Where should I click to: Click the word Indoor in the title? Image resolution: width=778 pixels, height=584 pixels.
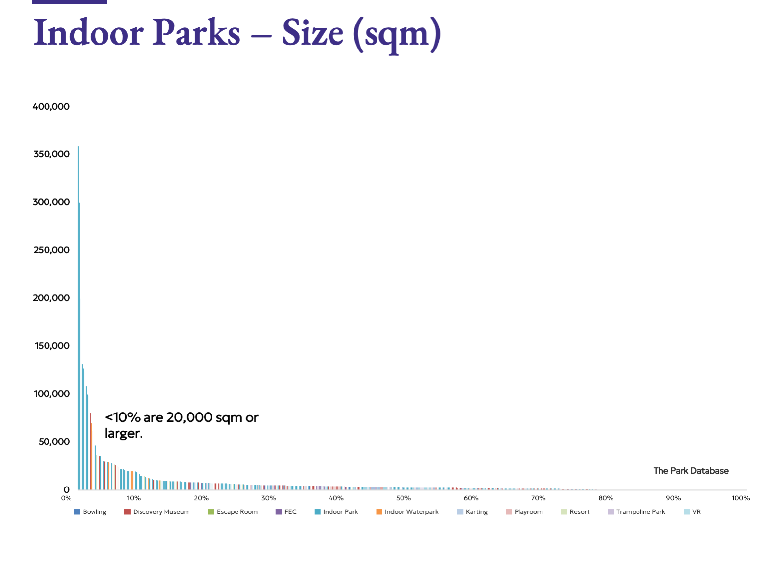pyautogui.click(x=89, y=33)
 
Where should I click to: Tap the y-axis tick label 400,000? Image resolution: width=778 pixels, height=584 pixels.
pyautogui.click(x=51, y=106)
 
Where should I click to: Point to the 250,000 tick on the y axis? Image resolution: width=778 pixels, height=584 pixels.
pyautogui.click(x=51, y=250)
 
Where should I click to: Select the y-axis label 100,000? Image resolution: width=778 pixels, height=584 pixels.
pyautogui.click(x=52, y=393)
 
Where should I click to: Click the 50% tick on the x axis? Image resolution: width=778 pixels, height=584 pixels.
pyautogui.click(x=403, y=498)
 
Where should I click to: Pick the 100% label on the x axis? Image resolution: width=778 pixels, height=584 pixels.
pyautogui.click(x=740, y=498)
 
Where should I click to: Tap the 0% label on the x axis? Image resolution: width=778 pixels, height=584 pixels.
pyautogui.click(x=66, y=498)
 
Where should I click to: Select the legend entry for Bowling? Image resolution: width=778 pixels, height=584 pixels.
pyautogui.click(x=91, y=511)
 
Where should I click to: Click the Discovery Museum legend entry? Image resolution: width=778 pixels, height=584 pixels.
pyautogui.click(x=157, y=511)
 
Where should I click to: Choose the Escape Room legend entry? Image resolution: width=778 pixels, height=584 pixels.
pyautogui.click(x=233, y=511)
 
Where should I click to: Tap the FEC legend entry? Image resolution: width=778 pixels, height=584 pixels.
pyautogui.click(x=286, y=511)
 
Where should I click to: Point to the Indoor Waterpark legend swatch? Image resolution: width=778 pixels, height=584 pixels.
pyautogui.click(x=379, y=511)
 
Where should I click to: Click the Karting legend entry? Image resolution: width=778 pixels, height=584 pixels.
pyautogui.click(x=472, y=511)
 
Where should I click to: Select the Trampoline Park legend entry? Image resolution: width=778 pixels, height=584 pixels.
pyautogui.click(x=637, y=511)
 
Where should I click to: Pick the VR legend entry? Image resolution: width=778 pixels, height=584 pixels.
pyautogui.click(x=692, y=511)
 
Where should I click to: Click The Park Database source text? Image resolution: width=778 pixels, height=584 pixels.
pyautogui.click(x=691, y=470)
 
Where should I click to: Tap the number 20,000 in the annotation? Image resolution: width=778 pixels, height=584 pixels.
pyautogui.click(x=189, y=417)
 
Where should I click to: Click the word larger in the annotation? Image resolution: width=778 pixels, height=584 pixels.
pyautogui.click(x=122, y=433)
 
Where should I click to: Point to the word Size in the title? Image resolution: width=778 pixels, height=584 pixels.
pyautogui.click(x=312, y=33)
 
